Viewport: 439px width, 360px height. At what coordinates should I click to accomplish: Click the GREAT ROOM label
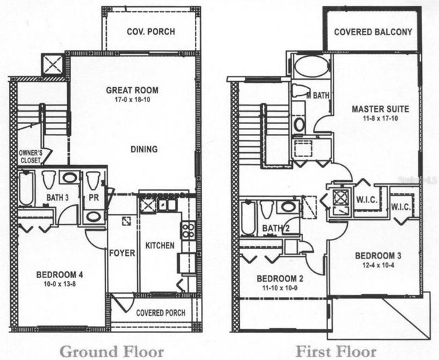point(132,90)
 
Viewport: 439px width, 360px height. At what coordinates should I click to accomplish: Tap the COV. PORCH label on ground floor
point(152,32)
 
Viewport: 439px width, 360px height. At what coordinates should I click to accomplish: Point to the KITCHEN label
point(160,245)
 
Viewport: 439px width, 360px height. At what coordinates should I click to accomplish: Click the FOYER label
point(122,253)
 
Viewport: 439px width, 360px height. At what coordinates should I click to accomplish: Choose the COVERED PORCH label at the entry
point(160,313)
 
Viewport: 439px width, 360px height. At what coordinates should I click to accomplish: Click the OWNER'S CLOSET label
point(30,157)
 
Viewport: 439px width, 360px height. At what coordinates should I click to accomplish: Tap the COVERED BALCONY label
point(373,32)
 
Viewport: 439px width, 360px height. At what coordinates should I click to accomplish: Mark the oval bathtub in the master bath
point(311,68)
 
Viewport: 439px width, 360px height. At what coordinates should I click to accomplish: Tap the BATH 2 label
point(275,228)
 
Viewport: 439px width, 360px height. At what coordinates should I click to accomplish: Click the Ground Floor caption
point(112,351)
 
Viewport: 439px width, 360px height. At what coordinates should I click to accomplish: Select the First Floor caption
point(336,351)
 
